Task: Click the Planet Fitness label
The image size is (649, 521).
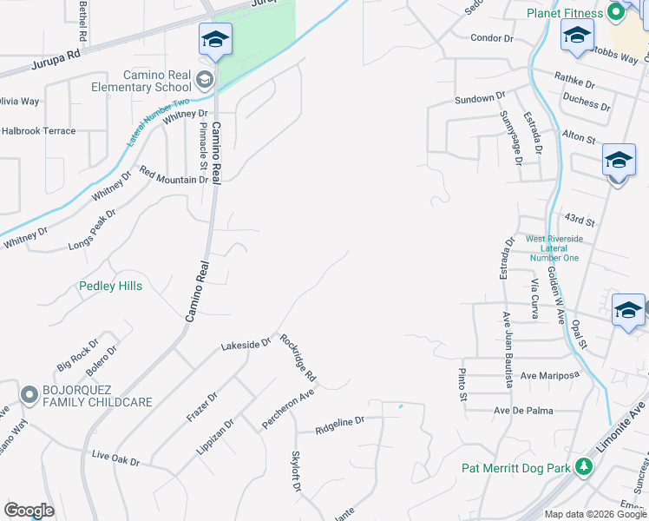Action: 564,13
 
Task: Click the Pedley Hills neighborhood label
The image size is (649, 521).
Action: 110,286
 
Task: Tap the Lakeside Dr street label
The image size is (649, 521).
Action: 246,345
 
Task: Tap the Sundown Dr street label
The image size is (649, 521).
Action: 480,100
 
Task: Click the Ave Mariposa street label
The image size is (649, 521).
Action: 548,375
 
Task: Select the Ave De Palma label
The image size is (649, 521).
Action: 523,410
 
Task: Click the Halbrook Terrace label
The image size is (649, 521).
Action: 38,131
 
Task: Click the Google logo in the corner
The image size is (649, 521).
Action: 29,511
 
